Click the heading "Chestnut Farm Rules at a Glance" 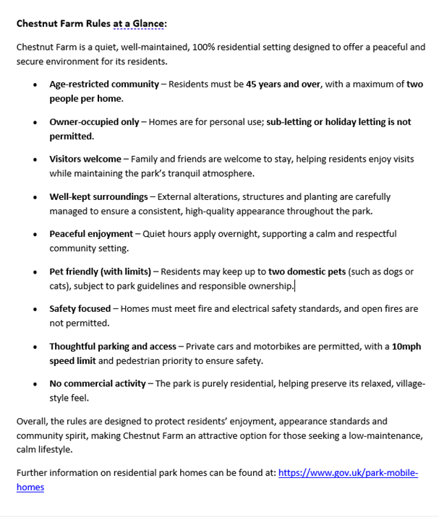(x=91, y=24)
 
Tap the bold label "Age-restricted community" (x=103, y=84)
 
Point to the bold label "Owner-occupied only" (x=94, y=122)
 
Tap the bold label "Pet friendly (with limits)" (x=100, y=271)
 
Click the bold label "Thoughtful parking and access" (x=112, y=347)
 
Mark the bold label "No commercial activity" (x=96, y=383)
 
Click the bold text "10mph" (x=407, y=347)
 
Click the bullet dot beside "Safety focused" (x=33, y=310)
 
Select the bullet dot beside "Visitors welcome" (x=33, y=160)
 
